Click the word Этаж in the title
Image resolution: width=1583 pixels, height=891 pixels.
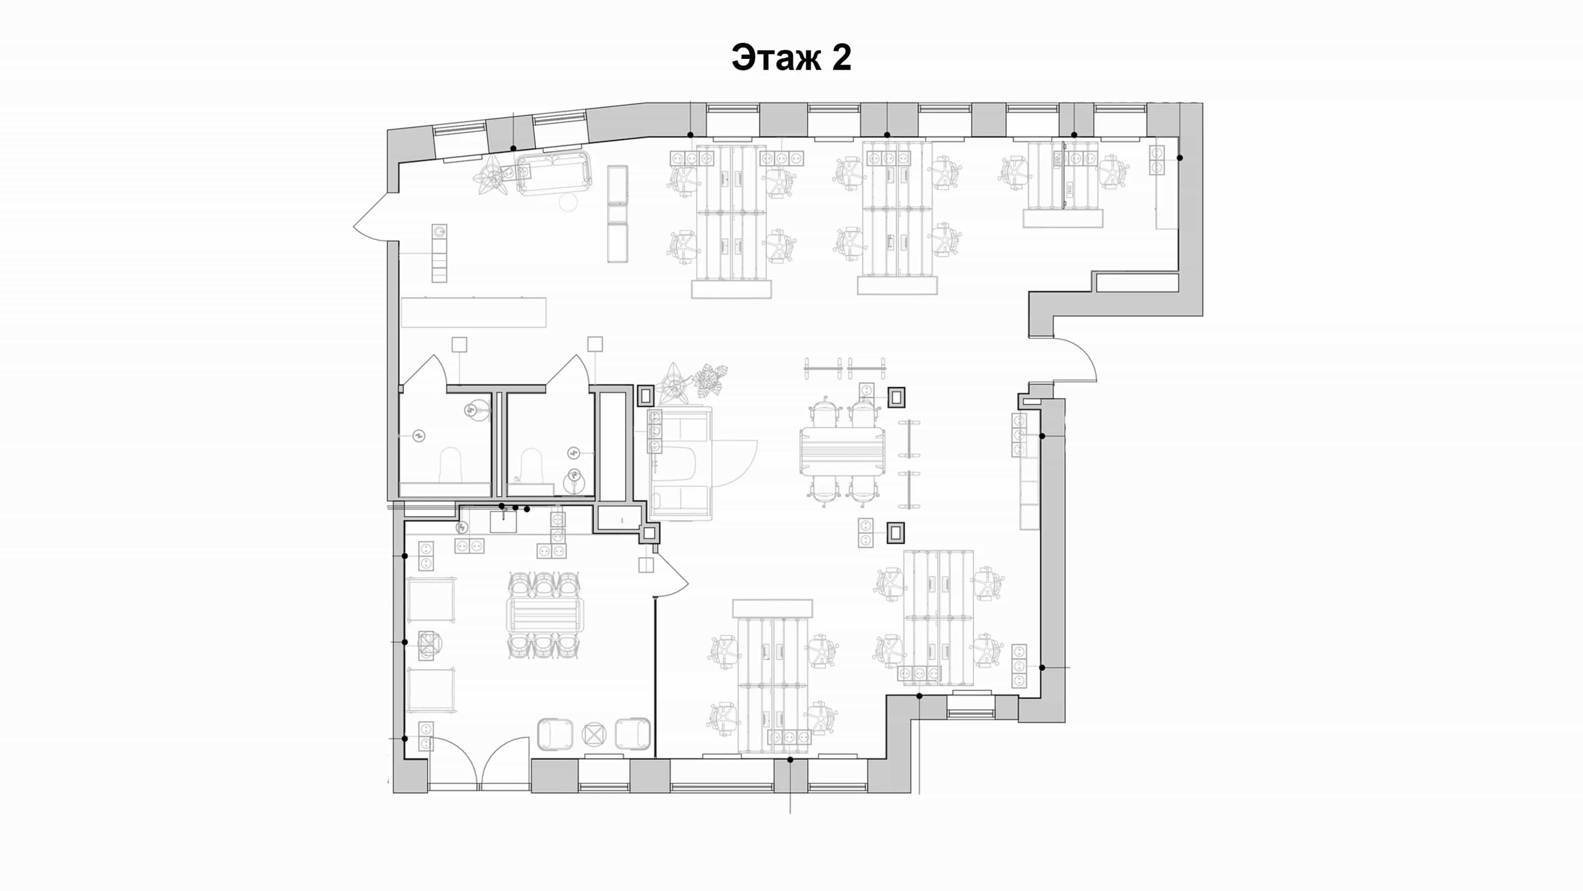tap(775, 58)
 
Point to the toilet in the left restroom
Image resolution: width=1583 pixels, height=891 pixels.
tap(451, 465)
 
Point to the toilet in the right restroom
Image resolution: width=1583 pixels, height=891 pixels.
tap(531, 465)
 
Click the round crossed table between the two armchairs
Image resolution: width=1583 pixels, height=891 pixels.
tap(594, 734)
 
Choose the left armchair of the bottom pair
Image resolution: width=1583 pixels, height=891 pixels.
tap(555, 734)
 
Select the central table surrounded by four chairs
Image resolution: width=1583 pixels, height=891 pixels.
tap(842, 451)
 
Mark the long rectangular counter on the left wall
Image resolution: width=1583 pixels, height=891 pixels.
tap(473, 312)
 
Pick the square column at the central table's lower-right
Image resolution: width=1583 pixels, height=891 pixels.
tap(896, 533)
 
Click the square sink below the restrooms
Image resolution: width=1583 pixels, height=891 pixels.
tap(503, 521)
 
